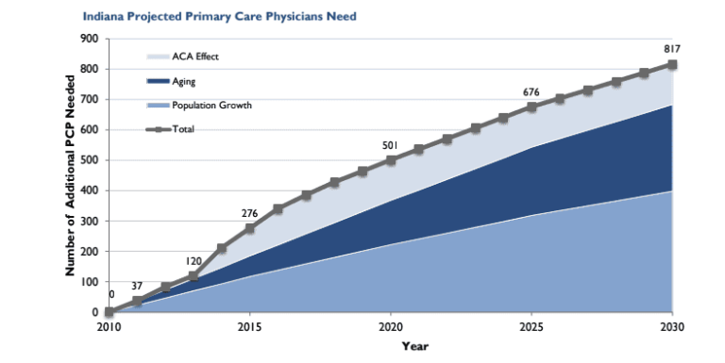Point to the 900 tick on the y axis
click(91, 39)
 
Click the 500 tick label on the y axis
click(91, 160)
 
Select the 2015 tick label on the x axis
click(250, 326)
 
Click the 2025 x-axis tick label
click(531, 326)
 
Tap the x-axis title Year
click(389, 346)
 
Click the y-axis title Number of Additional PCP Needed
click(70, 176)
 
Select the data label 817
click(671, 49)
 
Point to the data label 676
click(531, 91)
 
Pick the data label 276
click(249, 213)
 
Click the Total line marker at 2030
click(672, 65)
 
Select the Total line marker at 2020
click(391, 160)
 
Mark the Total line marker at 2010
click(110, 312)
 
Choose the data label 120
click(194, 260)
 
